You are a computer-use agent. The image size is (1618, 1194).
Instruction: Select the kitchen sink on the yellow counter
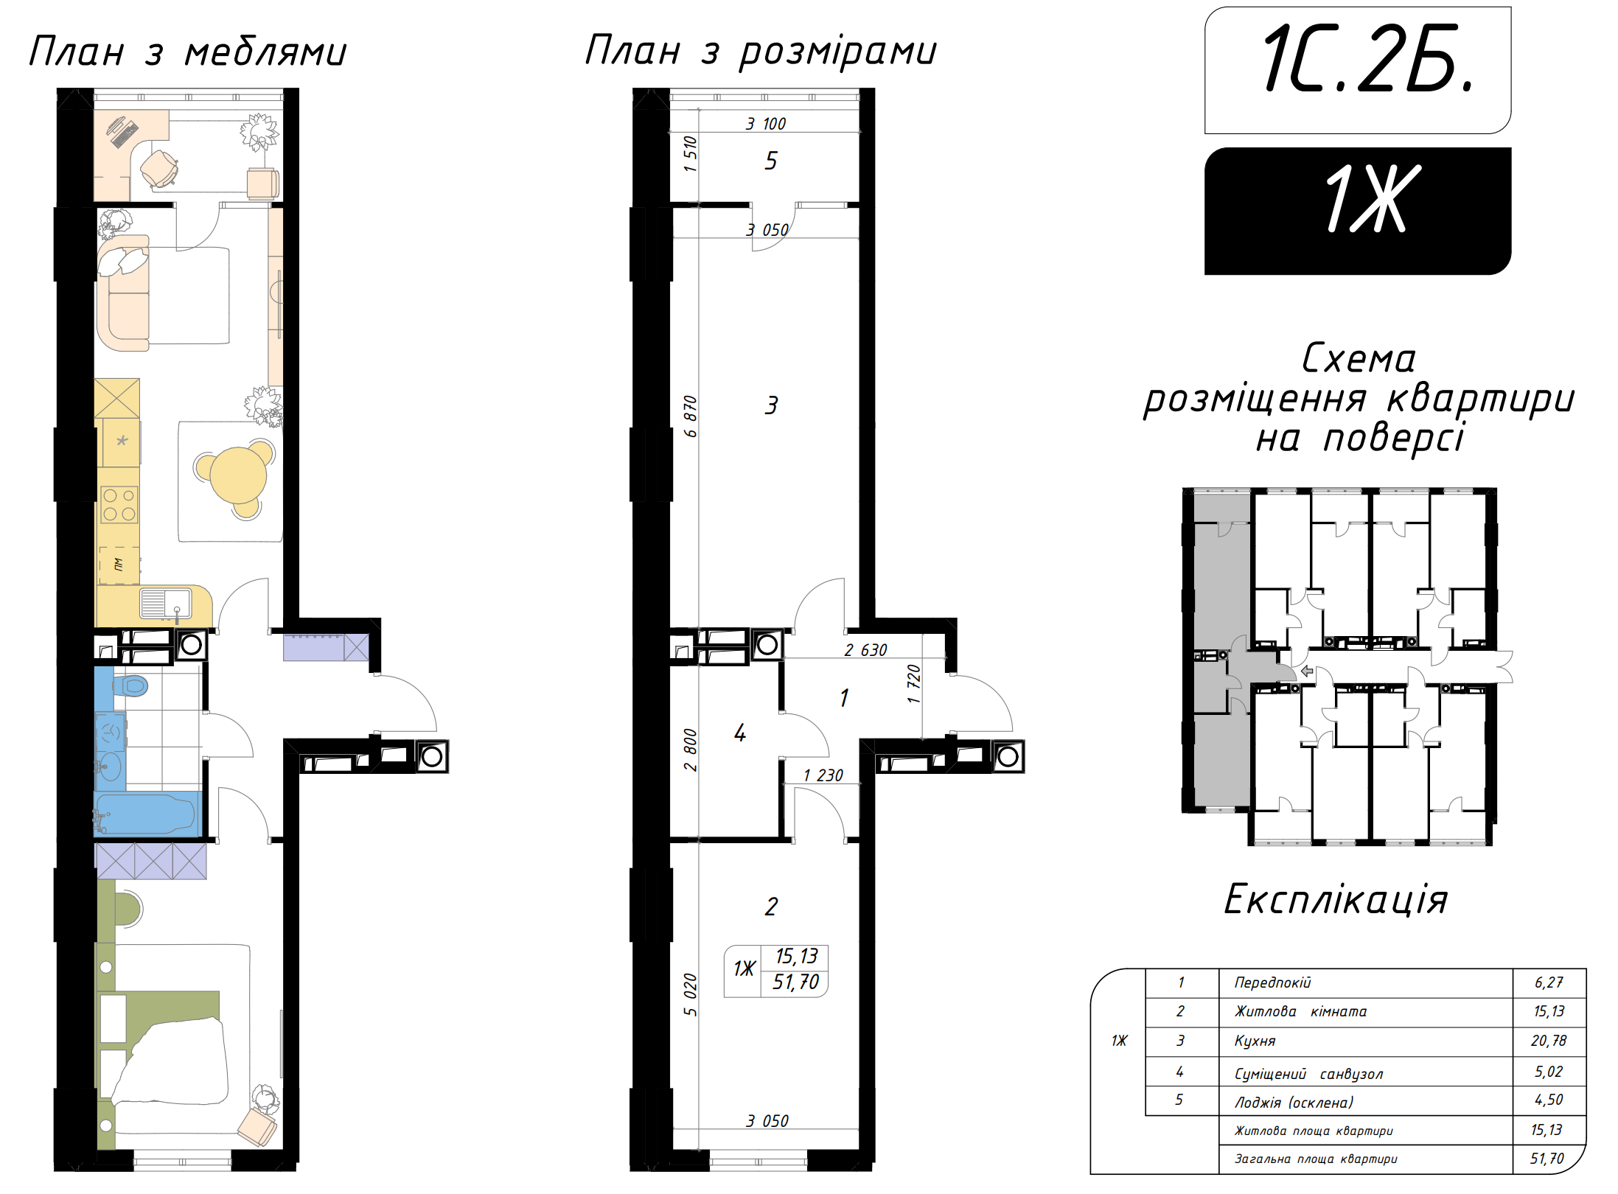(x=165, y=604)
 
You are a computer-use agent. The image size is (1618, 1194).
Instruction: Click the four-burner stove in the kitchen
(x=119, y=505)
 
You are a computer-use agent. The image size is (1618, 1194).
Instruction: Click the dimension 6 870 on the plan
(x=690, y=416)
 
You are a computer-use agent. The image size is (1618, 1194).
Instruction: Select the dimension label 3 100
(x=766, y=124)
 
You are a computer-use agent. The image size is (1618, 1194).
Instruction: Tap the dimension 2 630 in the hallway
(x=865, y=650)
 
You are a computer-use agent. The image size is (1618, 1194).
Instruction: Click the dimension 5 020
(x=690, y=995)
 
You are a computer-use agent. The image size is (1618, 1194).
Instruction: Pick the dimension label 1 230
(x=823, y=775)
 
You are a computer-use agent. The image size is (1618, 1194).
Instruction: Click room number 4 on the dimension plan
(x=740, y=733)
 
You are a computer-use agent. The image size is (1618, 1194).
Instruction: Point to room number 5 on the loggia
(x=771, y=161)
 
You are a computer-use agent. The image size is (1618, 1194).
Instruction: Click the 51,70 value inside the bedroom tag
(x=795, y=982)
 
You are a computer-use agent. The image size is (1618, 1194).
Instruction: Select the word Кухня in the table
(x=1255, y=1041)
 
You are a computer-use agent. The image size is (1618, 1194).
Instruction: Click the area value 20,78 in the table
(x=1549, y=1041)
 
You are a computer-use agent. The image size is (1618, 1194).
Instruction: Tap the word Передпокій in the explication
(x=1273, y=982)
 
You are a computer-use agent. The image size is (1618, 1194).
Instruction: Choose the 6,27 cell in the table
(x=1549, y=982)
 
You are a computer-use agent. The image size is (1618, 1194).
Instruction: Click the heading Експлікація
(x=1336, y=900)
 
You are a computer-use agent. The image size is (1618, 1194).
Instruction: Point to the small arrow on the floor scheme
(x=1307, y=671)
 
